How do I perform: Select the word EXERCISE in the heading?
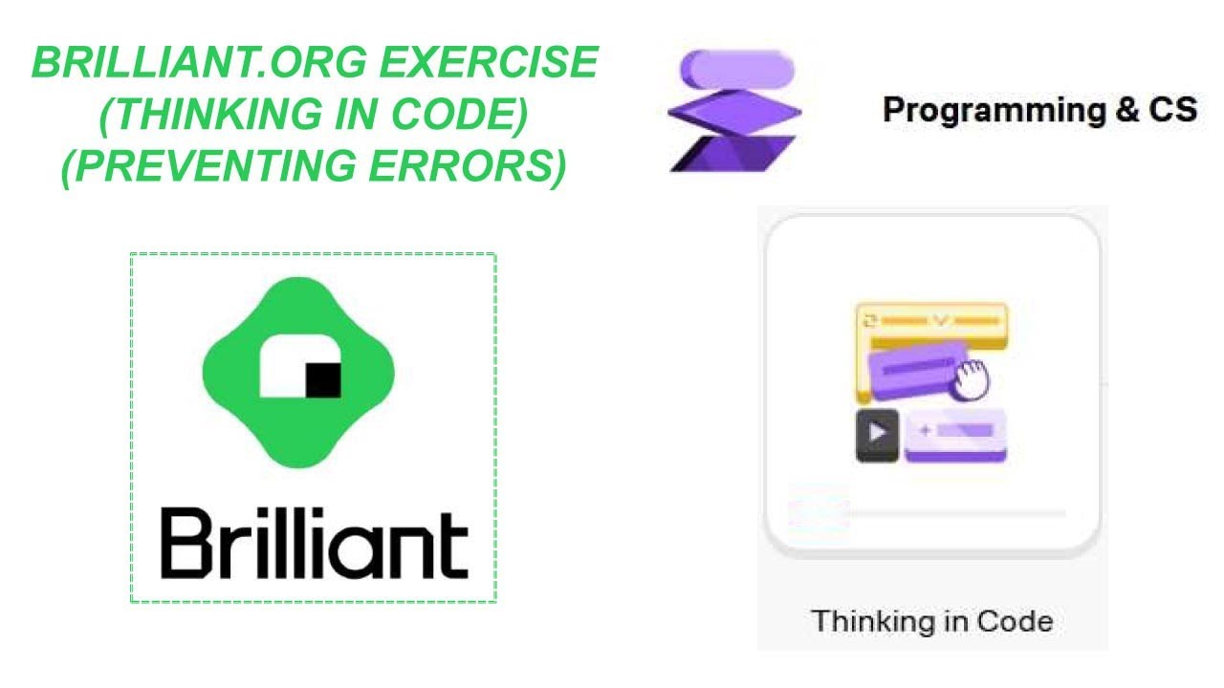coord(489,64)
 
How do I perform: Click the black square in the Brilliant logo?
coord(322,380)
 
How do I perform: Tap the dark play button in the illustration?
coord(876,435)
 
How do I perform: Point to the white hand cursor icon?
coord(970,378)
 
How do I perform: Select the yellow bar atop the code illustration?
coord(931,321)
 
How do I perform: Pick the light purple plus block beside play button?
coord(955,434)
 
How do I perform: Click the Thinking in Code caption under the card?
coord(932,621)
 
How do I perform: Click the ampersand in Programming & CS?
coord(1124,110)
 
